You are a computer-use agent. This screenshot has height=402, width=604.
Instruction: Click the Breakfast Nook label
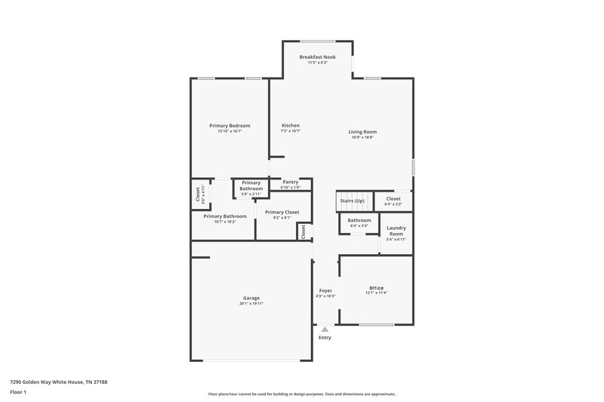coord(317,57)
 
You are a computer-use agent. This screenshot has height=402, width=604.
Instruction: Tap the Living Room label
coord(363,132)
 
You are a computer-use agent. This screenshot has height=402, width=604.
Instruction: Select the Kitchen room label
coord(291,125)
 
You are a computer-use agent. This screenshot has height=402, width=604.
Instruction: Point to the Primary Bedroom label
coord(230,125)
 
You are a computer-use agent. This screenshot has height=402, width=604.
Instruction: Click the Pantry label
coord(290,182)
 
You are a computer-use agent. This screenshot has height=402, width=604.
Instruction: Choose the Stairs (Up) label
coord(352,201)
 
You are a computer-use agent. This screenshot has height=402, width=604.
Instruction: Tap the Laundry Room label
coord(396,231)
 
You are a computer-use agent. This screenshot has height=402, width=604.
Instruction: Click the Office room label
coord(376,288)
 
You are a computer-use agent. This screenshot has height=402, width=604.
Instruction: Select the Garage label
coord(251,298)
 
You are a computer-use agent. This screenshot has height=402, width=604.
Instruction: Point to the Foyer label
coord(325,290)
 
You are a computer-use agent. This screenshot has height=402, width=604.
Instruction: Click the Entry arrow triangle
coord(325,329)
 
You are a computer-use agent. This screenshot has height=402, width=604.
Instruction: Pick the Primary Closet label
coord(282,213)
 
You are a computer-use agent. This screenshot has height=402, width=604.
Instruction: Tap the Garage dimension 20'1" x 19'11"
coord(251,303)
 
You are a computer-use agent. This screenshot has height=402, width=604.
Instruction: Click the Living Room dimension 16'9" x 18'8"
coord(363,137)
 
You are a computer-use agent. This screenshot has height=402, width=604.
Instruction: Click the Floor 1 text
coord(18,392)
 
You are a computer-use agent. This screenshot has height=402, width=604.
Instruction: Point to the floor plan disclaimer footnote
coord(301,394)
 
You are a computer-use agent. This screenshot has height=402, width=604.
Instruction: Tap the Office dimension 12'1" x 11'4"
coord(376,293)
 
